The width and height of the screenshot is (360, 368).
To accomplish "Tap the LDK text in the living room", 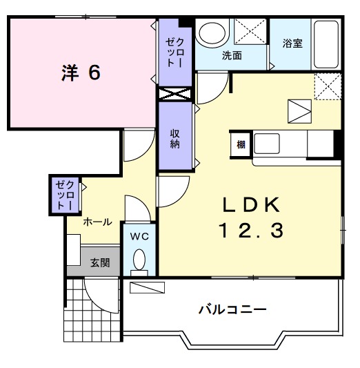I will pos(250,204).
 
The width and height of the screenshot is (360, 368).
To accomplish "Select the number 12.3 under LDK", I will pos(250,231).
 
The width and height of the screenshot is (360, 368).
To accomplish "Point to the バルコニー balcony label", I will pos(232,309).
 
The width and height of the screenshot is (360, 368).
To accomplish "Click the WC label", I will pos(140,236).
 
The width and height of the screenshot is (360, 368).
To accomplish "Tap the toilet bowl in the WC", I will pos(140,261).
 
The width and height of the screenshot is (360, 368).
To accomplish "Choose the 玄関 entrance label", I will pos(99,263).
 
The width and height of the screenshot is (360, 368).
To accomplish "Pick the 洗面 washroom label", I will pos(231,56).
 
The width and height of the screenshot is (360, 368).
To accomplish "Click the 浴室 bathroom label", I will pos(292,43).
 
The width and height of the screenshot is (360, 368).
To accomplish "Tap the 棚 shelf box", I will pos(240,144).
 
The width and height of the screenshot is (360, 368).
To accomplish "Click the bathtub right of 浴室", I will pos(327,43).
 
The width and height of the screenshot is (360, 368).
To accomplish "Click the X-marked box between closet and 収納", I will pos(175,93).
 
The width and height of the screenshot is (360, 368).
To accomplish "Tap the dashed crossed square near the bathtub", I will pos(328,86).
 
